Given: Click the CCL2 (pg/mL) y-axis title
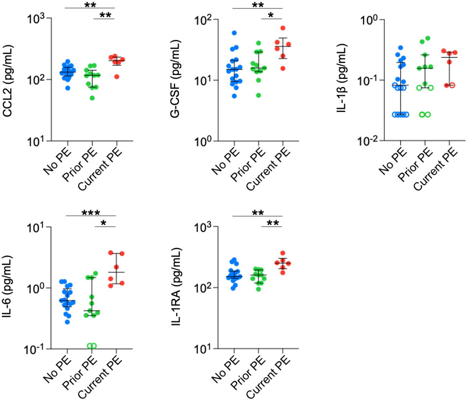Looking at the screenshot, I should [x=8, y=81].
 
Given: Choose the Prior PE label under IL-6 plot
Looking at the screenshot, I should [x=80, y=374].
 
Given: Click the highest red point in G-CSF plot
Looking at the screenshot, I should [x=283, y=28].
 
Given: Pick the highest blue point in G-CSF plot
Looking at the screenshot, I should [x=234, y=33].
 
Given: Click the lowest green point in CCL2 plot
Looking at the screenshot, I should [x=93, y=98].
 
